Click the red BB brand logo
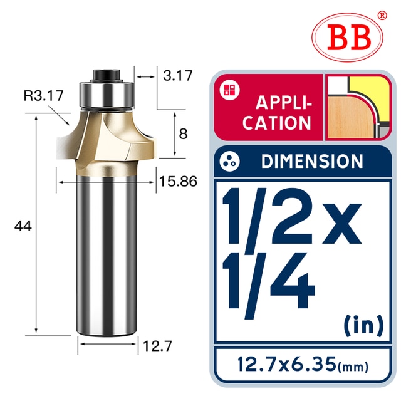[347, 38]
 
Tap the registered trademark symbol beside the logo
[382, 15]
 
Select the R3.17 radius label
[43, 96]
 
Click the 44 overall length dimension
[23, 226]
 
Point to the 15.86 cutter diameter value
[178, 182]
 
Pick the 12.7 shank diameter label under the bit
[157, 346]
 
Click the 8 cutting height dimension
[183, 134]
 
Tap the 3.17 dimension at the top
[178, 76]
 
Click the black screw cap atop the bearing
[107, 75]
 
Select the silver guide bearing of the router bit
[107, 94]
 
